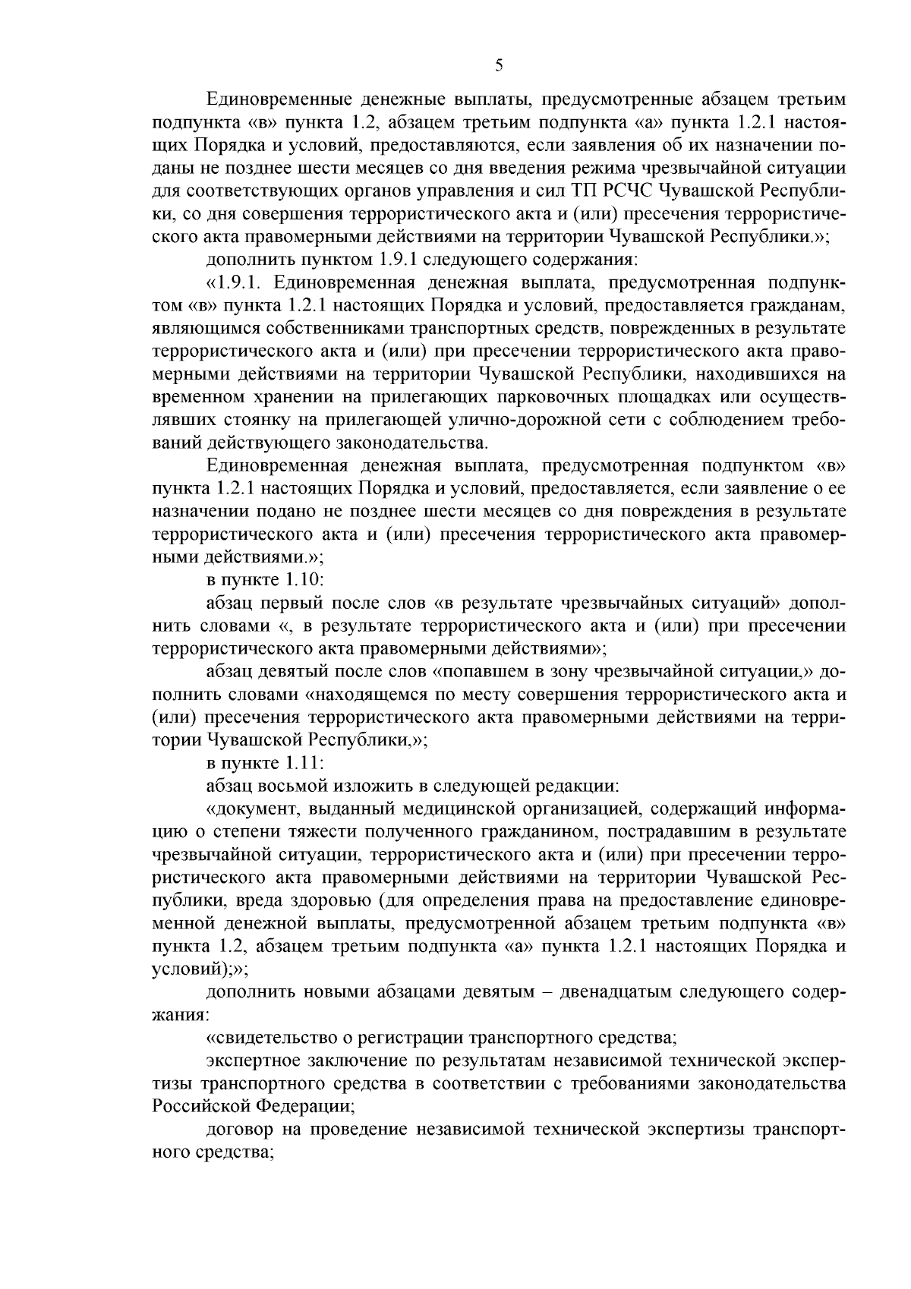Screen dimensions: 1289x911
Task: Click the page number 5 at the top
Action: (x=499, y=65)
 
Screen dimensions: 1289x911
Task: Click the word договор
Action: (x=240, y=1129)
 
